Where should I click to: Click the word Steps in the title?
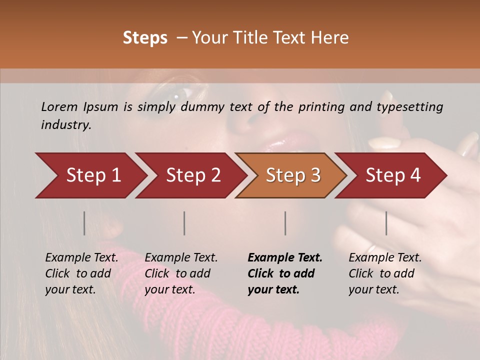(145, 38)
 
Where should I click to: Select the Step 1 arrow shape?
(90, 175)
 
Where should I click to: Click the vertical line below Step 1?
(84, 223)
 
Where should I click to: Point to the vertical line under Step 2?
(184, 223)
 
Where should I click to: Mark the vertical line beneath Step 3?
(285, 223)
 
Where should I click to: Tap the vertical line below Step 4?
(386, 223)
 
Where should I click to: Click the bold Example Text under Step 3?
(284, 273)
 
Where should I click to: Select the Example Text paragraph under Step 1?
(81, 273)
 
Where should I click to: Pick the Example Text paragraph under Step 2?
(181, 273)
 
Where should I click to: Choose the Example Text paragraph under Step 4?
(385, 273)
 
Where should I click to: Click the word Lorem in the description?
(59, 106)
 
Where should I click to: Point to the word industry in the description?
(65, 125)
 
